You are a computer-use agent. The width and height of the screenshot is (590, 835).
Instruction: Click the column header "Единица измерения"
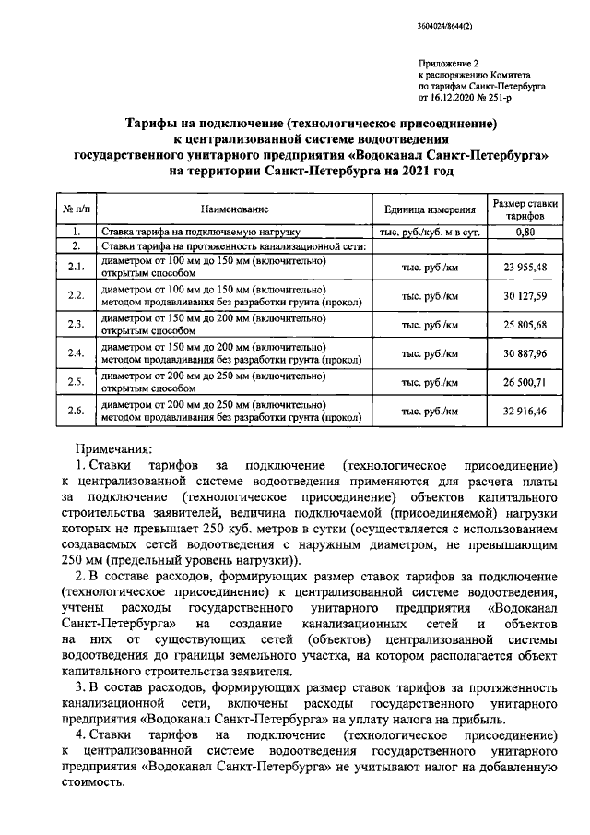(x=430, y=209)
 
